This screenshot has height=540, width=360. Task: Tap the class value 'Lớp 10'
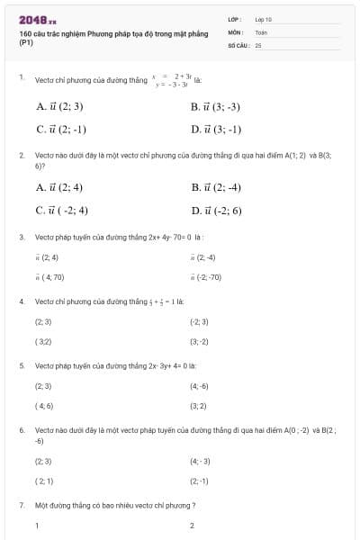tap(263, 19)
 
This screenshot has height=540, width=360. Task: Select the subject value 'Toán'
tap(261, 31)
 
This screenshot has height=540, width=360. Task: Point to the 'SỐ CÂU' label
tap(237, 44)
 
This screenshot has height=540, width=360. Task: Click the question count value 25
tap(258, 44)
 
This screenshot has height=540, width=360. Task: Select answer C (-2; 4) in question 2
tap(61, 211)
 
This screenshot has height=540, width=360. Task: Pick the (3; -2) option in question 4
tap(199, 342)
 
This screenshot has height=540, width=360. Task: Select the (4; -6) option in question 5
tap(199, 386)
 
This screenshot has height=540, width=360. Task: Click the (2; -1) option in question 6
tap(199, 481)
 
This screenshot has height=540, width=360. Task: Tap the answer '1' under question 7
tap(37, 526)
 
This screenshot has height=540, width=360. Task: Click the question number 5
tap(22, 366)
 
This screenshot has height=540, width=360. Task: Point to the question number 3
tap(22, 238)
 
